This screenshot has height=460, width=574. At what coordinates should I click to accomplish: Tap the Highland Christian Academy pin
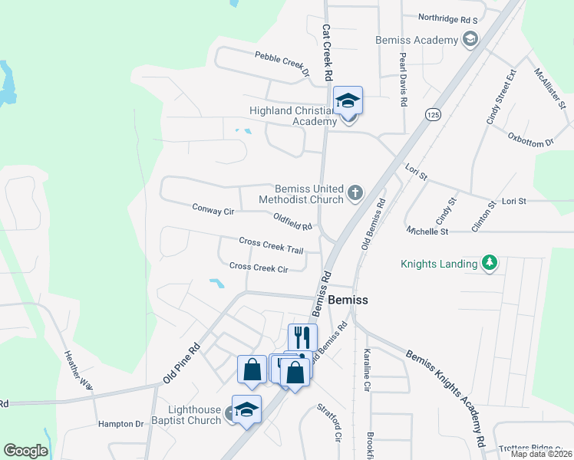[x=348, y=102]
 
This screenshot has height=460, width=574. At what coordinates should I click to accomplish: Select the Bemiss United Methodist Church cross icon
[x=355, y=192]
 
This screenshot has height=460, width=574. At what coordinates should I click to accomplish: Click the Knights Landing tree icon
[x=489, y=264]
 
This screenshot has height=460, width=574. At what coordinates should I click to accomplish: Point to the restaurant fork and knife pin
[x=302, y=338]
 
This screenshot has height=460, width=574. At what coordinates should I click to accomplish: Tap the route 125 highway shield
[x=434, y=114]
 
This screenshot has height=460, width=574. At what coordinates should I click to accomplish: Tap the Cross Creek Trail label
[x=271, y=245]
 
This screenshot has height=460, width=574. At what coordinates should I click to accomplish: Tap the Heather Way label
[x=78, y=369]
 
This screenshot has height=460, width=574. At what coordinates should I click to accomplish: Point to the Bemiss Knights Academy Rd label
[x=446, y=399]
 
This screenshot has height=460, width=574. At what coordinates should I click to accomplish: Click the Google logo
[x=25, y=451]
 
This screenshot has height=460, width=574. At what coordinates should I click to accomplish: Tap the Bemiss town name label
[x=348, y=301]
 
